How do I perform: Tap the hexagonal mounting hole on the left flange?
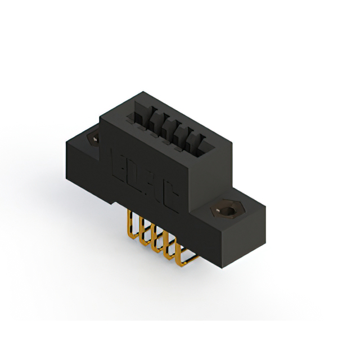pyautogui.click(x=92, y=137)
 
